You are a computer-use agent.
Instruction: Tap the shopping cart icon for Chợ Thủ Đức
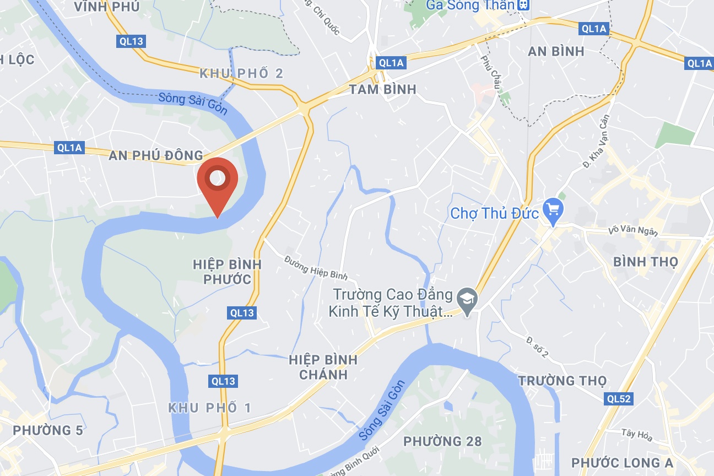[x=552, y=210]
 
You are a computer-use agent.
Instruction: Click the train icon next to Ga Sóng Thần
[x=523, y=5]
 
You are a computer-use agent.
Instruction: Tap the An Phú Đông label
[x=156, y=155]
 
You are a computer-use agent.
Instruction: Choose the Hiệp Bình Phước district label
[x=227, y=272]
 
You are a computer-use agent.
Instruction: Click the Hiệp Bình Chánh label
[x=323, y=367]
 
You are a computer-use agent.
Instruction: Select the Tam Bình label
[x=383, y=89]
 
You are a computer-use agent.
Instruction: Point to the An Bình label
[x=556, y=51]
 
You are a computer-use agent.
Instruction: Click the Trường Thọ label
[x=562, y=381]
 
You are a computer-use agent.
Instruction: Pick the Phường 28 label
[x=442, y=441]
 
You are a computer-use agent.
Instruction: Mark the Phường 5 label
[x=48, y=430]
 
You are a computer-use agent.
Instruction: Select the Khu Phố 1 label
[x=210, y=408]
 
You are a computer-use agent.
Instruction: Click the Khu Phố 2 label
[x=241, y=73]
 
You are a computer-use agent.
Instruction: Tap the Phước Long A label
[x=622, y=463]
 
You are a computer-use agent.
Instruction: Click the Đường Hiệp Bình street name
[x=316, y=268]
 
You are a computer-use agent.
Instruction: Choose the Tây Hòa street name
[x=636, y=435]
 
